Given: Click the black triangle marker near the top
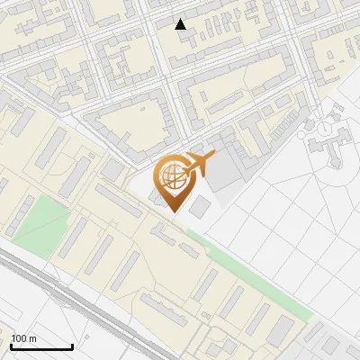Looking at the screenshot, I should (181, 24).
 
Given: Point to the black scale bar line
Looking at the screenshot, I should (41, 346).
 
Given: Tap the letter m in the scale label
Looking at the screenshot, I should (32, 338).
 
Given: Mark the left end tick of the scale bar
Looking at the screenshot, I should (11, 345).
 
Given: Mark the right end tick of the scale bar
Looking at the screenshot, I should (72, 345).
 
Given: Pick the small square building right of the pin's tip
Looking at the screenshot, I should (200, 209).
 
